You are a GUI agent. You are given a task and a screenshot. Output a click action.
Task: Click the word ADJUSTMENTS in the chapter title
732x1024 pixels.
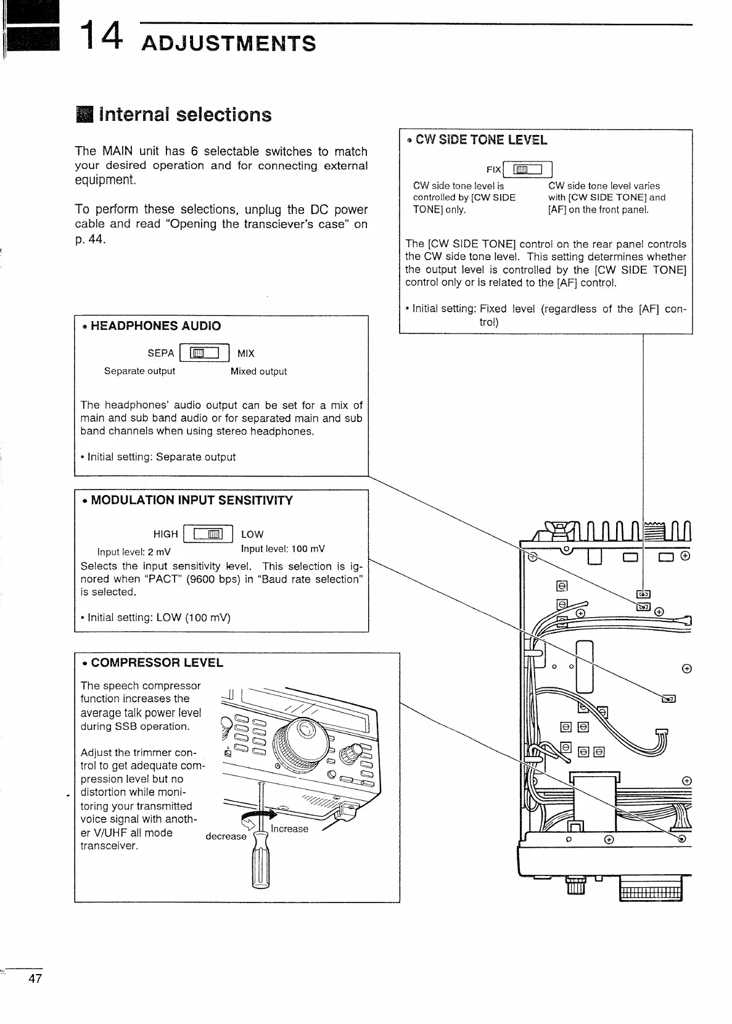click(228, 44)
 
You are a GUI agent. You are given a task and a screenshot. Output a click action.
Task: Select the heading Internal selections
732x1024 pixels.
click(184, 115)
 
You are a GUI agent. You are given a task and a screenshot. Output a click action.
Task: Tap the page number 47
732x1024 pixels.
click(35, 978)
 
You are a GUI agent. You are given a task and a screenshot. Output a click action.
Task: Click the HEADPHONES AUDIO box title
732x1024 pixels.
click(155, 326)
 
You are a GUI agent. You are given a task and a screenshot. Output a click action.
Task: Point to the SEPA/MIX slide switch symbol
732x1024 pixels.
click(204, 353)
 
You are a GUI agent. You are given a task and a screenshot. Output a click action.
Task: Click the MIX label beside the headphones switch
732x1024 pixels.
click(245, 353)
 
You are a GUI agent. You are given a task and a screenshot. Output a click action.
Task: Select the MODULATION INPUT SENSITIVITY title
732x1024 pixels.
click(192, 500)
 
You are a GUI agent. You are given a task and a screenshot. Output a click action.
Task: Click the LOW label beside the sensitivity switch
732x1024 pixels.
click(252, 535)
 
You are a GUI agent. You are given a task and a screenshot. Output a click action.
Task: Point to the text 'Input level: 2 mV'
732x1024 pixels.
click(134, 551)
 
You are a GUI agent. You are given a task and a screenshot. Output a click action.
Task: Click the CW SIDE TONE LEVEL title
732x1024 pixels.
click(481, 140)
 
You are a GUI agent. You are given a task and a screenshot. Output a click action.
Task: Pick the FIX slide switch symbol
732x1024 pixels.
click(528, 170)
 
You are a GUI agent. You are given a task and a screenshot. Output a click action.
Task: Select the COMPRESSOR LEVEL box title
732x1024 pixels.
click(157, 663)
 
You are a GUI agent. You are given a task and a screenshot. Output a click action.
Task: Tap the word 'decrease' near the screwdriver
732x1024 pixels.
click(226, 836)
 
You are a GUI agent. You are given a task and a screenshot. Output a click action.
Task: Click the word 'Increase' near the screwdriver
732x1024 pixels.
click(289, 829)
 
